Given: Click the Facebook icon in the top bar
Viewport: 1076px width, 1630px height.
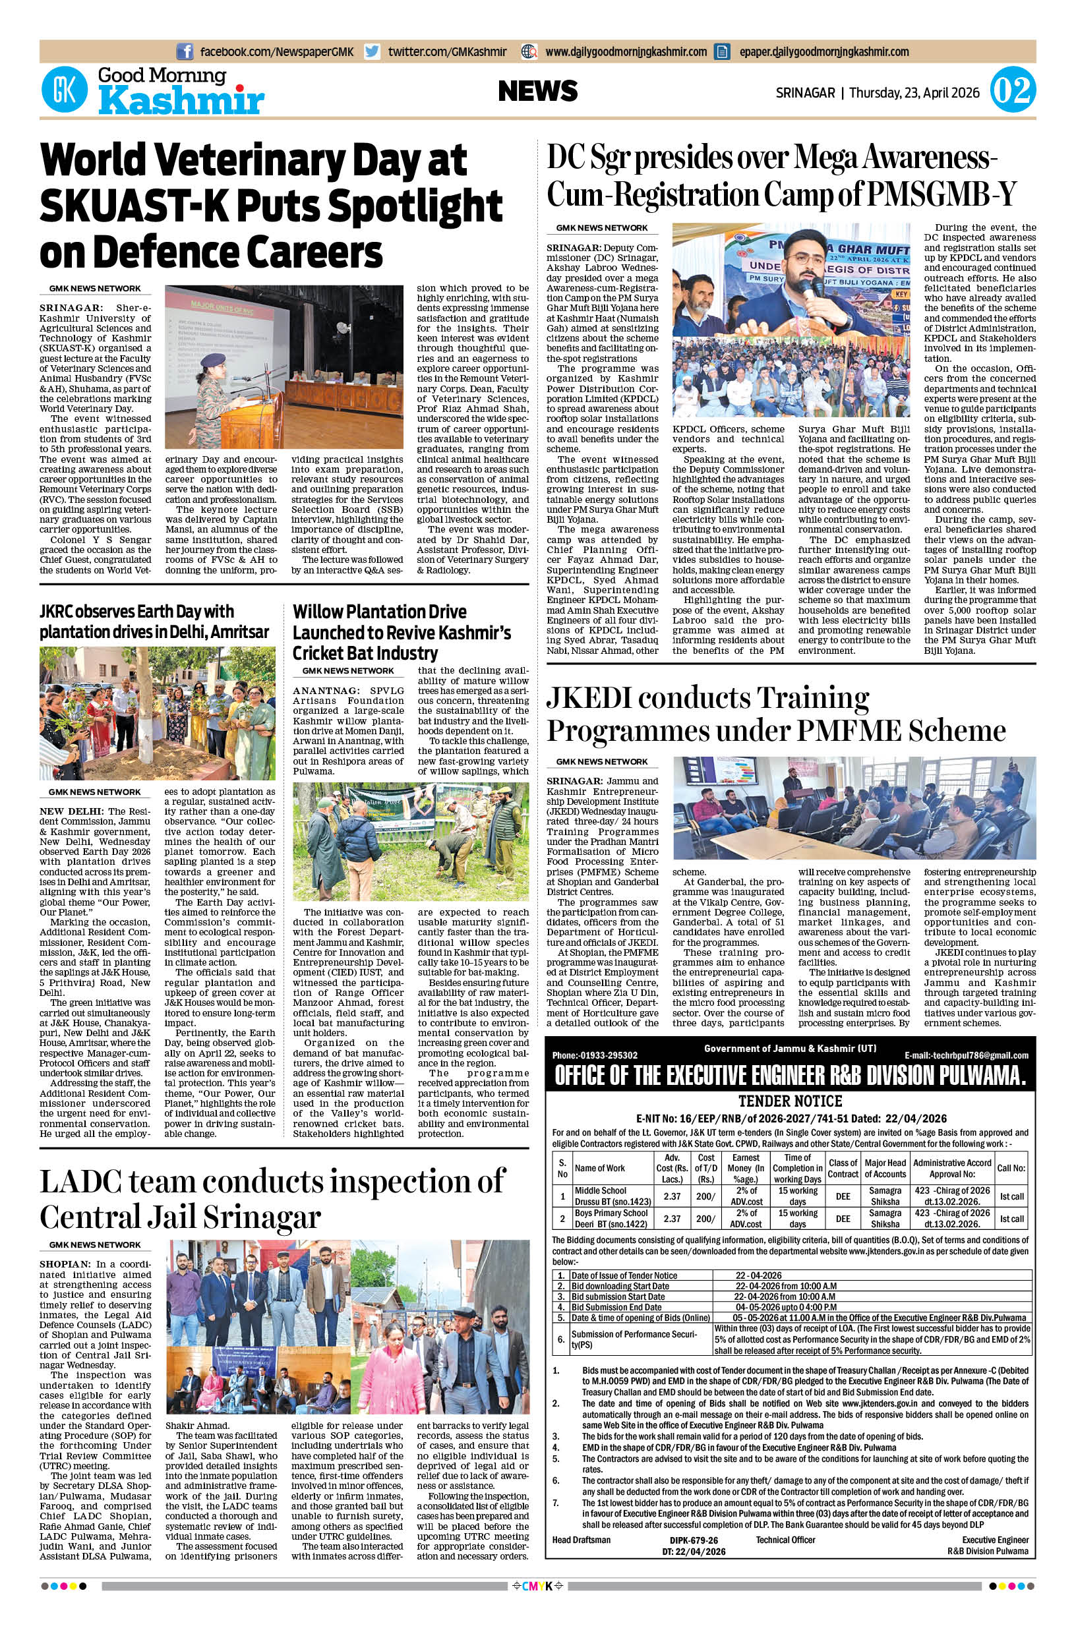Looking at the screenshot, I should pos(185,51).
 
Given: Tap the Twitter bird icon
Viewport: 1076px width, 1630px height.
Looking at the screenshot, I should pos(373,51).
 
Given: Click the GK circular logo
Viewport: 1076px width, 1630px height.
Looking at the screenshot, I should pos(65,90).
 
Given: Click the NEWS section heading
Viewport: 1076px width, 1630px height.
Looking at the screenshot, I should pos(537,90).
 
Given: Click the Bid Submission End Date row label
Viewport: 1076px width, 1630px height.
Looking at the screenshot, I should pos(616,1307).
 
